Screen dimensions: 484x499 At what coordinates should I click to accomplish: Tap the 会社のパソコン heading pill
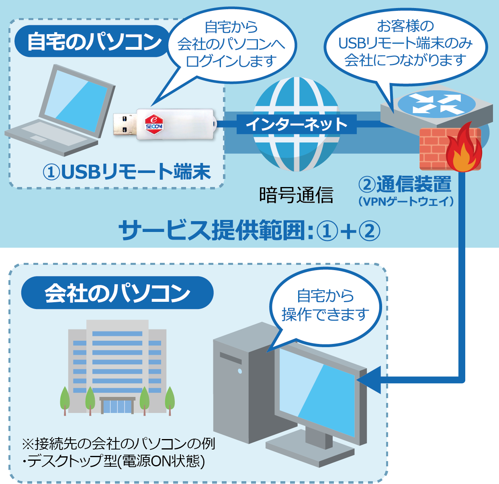pyautogui.click(x=117, y=293)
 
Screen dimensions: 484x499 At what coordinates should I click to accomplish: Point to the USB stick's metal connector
pyautogui.click(x=124, y=124)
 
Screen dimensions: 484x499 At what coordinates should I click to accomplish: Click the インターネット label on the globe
pyautogui.click(x=296, y=124)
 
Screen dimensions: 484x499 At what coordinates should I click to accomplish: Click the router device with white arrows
pyautogui.click(x=436, y=107)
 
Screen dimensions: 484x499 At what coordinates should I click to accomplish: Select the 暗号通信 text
pyautogui.click(x=296, y=195)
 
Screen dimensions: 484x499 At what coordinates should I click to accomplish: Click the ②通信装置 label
pyautogui.click(x=405, y=184)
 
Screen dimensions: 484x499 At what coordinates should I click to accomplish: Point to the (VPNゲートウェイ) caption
pyautogui.click(x=406, y=201)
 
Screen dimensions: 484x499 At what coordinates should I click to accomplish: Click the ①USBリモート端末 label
pyautogui.click(x=127, y=172)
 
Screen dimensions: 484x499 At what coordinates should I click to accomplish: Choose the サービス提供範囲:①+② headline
pyautogui.click(x=249, y=231)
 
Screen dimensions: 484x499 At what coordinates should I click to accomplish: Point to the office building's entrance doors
pyautogui.click(x=117, y=406)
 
